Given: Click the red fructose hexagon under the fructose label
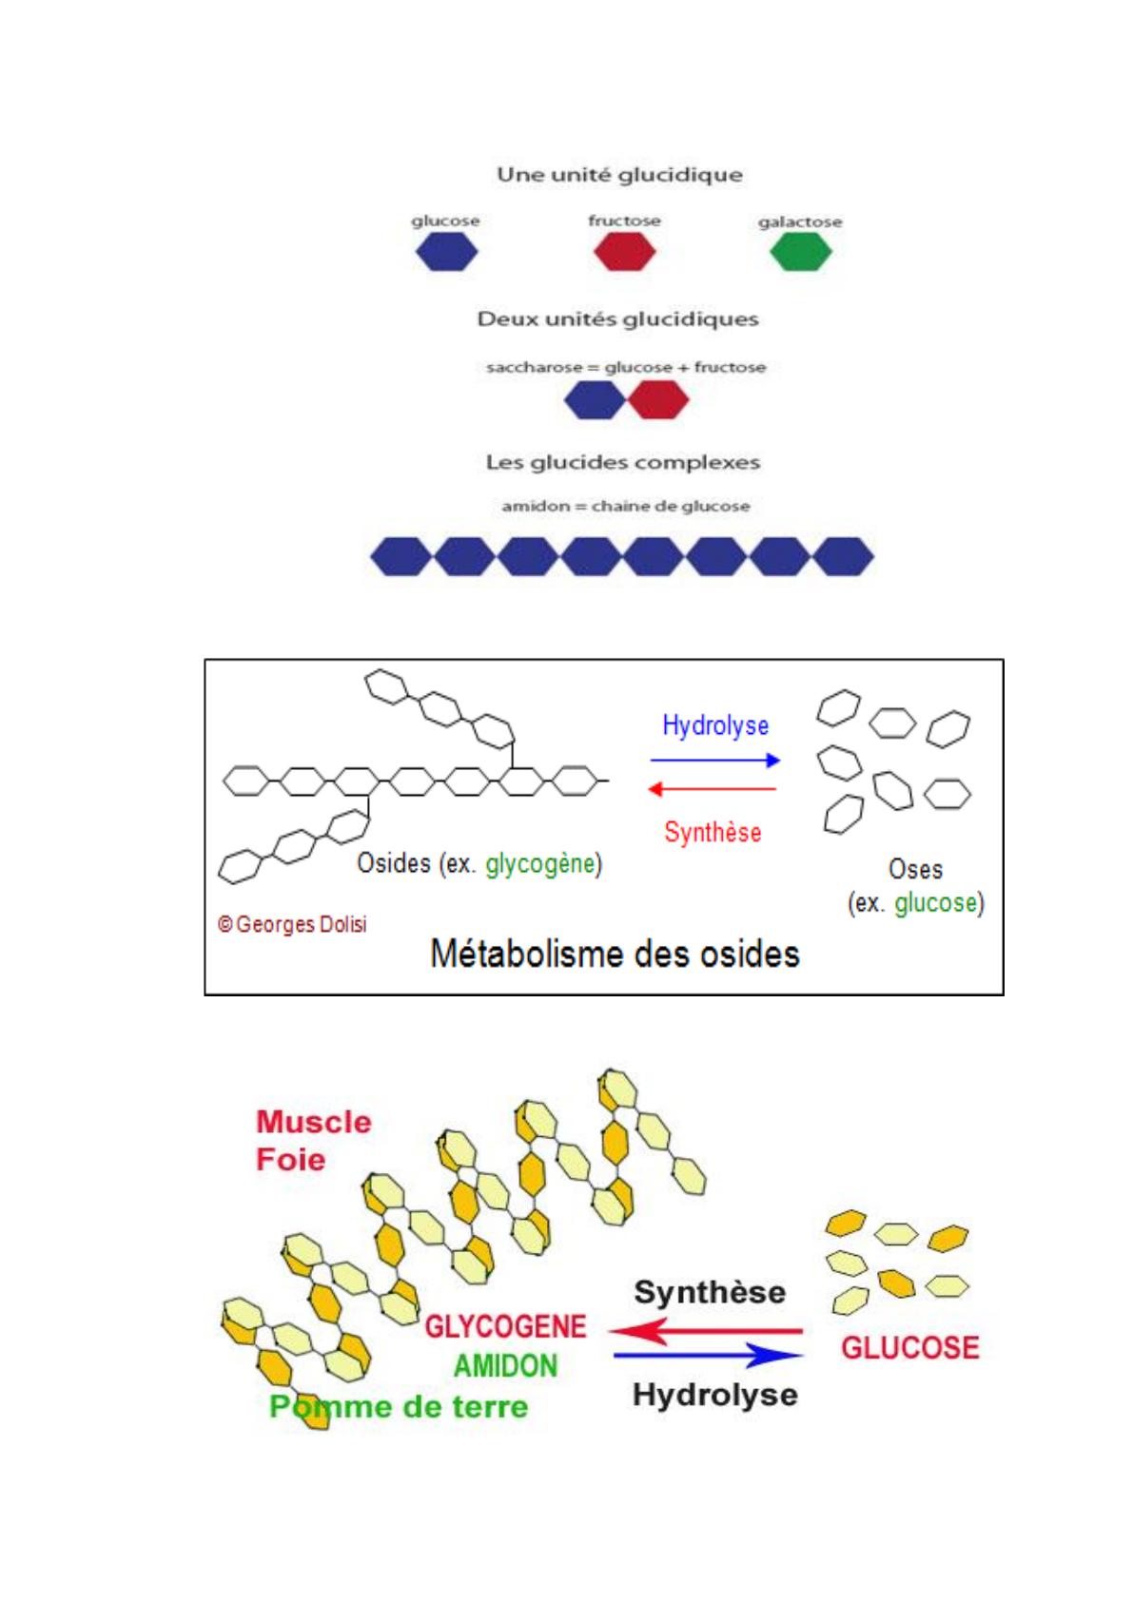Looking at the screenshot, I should (624, 253).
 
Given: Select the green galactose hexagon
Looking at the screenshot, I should (800, 253).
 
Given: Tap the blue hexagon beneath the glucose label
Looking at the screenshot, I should (446, 253).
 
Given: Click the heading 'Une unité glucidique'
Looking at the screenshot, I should (619, 175).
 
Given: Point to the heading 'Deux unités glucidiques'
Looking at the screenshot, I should (617, 319).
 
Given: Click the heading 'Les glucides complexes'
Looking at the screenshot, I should (622, 463).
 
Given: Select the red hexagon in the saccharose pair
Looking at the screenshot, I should (658, 400).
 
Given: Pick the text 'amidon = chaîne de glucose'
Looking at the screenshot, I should (625, 506).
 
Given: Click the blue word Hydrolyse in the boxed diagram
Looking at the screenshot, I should (715, 725).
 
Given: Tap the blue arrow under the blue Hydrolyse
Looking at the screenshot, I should (714, 761).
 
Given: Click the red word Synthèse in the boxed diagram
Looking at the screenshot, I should (713, 833).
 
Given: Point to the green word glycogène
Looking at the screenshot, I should (539, 863).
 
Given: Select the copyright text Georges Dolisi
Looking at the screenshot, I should (292, 924).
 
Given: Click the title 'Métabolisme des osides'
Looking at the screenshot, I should (615, 954).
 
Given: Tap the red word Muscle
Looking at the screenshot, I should (313, 1122).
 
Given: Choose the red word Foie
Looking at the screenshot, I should (290, 1160).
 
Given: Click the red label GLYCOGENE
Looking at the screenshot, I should (505, 1326).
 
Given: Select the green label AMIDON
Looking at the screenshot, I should (505, 1366).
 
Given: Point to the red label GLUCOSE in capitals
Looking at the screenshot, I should (909, 1347).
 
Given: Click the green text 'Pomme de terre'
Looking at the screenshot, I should (398, 1406).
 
